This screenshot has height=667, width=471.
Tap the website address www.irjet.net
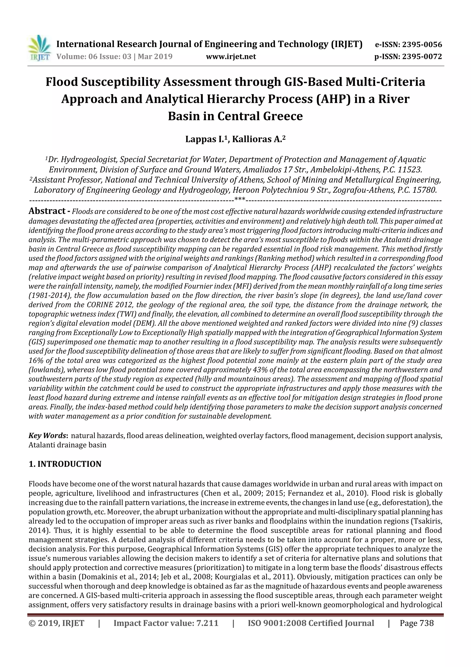pyautogui.click(x=231, y=56)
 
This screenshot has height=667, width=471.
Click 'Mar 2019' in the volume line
pyautogui.click(x=155, y=56)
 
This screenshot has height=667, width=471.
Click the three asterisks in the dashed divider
pyautogui.click(x=240, y=200)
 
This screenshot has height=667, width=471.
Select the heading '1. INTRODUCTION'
pyautogui.click(x=65, y=464)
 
